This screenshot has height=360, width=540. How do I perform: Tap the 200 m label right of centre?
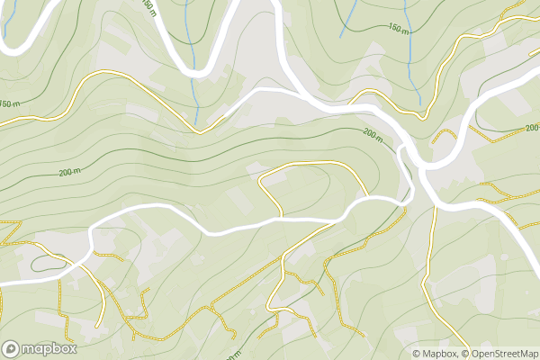[373, 133]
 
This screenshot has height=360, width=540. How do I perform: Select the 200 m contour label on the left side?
[69, 172]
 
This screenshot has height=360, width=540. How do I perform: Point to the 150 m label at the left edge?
[8, 104]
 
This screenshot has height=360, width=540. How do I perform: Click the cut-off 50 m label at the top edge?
[148, 6]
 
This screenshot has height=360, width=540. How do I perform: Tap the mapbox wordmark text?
[49, 348]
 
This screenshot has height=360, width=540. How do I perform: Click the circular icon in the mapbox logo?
[12, 348]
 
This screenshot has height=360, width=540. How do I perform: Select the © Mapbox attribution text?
[435, 354]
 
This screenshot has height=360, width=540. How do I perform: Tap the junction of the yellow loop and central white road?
[280, 217]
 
